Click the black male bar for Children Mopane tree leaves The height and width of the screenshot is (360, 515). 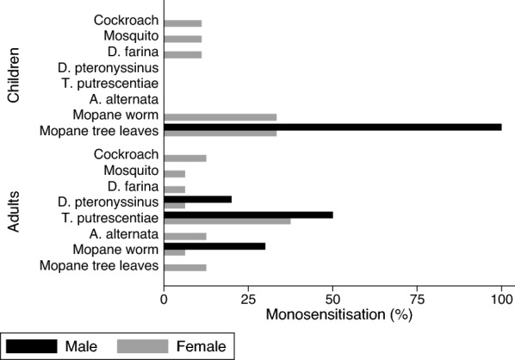tap(332, 127)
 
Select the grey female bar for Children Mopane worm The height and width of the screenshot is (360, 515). tap(220, 116)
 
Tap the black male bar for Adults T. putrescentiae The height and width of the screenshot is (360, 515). tap(248, 214)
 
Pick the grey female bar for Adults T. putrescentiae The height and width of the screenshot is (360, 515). tap(226, 220)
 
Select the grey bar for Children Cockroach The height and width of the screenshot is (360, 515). tap(183, 23)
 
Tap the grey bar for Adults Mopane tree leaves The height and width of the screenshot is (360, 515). tap(184, 267)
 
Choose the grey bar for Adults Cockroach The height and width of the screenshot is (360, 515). tap(184, 158)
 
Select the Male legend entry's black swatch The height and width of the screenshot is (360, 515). tap(35, 346)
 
